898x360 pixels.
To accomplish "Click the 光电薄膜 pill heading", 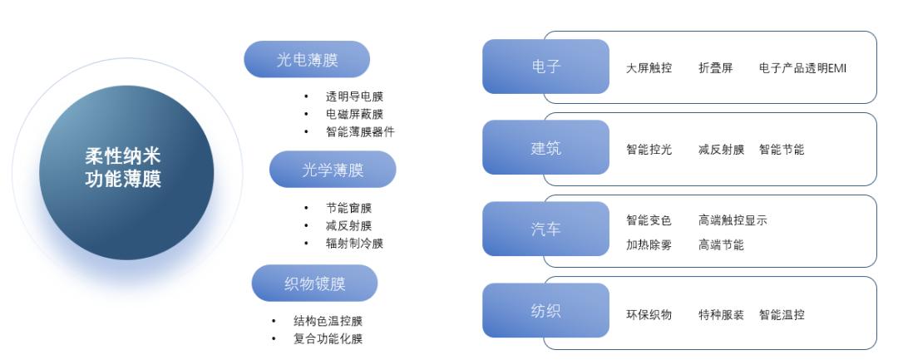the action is [x=307, y=60].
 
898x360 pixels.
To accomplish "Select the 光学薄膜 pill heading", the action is [x=333, y=170].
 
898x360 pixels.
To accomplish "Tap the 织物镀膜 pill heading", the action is [x=314, y=284].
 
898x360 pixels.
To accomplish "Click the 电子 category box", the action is [x=545, y=67].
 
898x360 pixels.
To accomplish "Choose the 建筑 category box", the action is [x=545, y=148].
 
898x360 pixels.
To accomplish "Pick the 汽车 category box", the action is [x=545, y=229].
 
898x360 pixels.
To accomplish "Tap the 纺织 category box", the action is [x=545, y=310].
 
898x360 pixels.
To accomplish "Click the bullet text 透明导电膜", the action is [x=354, y=96].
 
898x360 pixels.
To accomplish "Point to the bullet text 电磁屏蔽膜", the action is [x=354, y=114].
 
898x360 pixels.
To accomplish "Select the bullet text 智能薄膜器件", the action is [x=360, y=131].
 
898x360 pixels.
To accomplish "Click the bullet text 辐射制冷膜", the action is [x=354, y=244].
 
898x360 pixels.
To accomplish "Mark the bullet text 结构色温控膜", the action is [x=328, y=321].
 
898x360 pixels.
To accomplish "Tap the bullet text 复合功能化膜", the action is [x=328, y=338].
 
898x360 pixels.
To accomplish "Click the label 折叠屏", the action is [x=715, y=68].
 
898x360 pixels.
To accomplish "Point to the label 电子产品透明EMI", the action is [x=802, y=68].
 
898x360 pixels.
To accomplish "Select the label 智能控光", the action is [x=649, y=150].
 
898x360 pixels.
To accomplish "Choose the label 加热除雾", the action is [x=649, y=245].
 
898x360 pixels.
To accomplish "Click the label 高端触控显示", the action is [x=733, y=220].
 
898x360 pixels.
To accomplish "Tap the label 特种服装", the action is [x=721, y=315].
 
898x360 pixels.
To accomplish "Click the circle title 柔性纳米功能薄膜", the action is [x=123, y=167].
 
